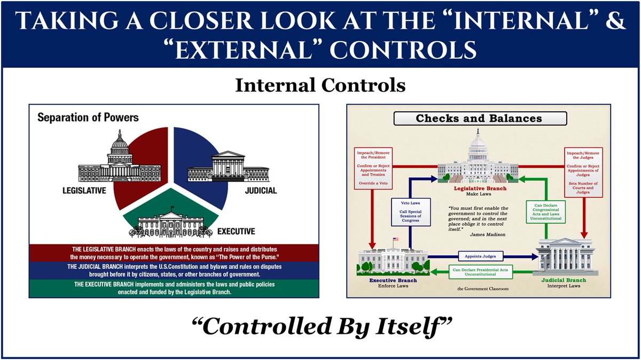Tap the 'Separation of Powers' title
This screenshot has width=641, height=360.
pos(88,117)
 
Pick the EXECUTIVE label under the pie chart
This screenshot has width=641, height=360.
pos(236,231)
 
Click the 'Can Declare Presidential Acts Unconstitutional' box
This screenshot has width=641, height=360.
pos(483,273)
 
